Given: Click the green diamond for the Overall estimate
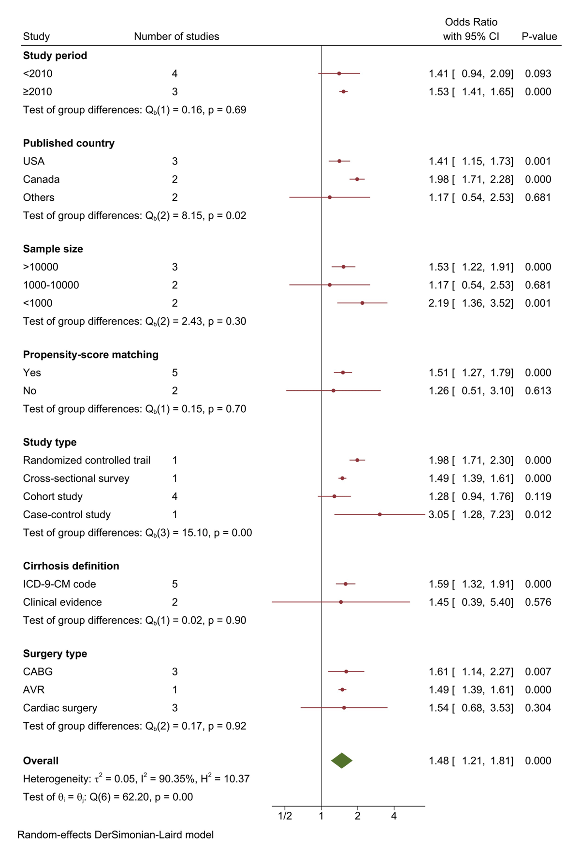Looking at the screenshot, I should tap(342, 761).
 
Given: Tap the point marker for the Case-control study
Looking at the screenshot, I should tap(380, 514).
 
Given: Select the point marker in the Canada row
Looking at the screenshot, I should tap(357, 179).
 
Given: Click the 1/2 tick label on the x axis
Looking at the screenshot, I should tap(285, 816).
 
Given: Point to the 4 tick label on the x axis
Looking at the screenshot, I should tap(394, 816).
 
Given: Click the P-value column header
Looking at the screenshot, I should tap(539, 36).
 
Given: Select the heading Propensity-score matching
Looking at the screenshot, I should tap(91, 355).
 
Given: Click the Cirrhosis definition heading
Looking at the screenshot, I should tap(71, 566).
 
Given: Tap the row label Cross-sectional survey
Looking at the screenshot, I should tap(76, 478).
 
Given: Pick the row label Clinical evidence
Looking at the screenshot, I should tap(62, 602).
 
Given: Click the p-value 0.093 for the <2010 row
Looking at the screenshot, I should tap(538, 74).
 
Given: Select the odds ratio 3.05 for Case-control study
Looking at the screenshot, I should tap(438, 514).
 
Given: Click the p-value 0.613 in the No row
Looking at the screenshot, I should tap(538, 390).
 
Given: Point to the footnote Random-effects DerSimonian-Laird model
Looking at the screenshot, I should tap(116, 835).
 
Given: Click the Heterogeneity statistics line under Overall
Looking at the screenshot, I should tap(136, 779).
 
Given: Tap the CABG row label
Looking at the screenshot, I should tap(38, 672).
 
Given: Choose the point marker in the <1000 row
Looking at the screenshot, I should tap(362, 303).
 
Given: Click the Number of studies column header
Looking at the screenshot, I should tap(176, 36).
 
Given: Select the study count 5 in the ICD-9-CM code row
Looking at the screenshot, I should tap(175, 584).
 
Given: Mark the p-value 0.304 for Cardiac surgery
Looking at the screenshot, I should tap(538, 708).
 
